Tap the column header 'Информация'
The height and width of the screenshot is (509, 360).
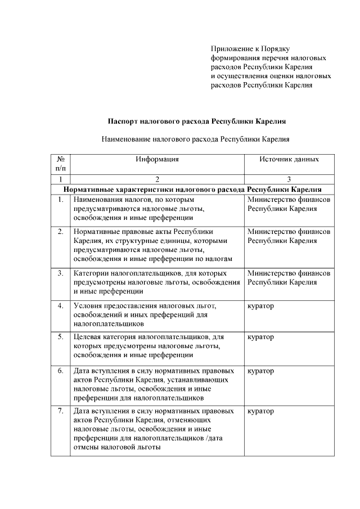click(x=157, y=159)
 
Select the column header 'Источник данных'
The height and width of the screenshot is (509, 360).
click(x=289, y=159)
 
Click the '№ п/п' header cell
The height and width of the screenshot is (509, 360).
click(x=61, y=164)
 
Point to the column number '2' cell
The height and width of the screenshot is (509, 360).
click(x=157, y=179)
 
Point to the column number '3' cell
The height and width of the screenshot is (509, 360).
click(x=289, y=179)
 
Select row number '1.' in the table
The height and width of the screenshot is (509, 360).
click(x=61, y=200)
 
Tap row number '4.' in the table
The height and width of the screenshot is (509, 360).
click(x=61, y=305)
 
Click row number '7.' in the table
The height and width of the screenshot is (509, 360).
click(x=61, y=411)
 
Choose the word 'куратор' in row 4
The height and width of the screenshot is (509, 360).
click(x=260, y=305)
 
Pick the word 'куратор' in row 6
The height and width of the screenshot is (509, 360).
click(x=260, y=371)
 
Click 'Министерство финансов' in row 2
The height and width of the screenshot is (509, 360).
click(x=289, y=231)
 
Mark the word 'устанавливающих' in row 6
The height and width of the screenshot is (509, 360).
click(x=201, y=380)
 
